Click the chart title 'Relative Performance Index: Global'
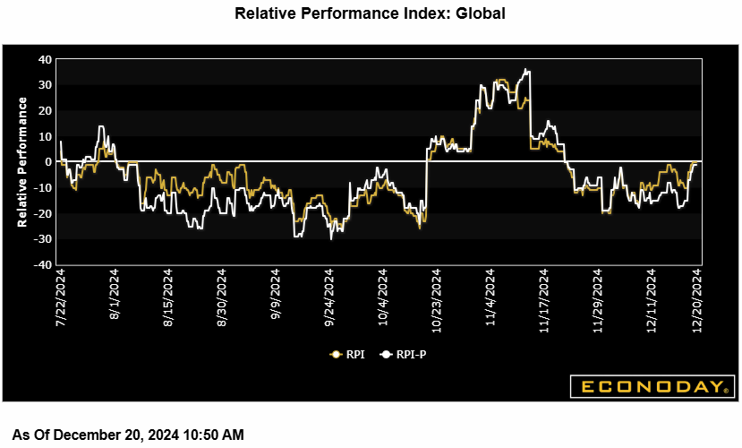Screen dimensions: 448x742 click(370, 13)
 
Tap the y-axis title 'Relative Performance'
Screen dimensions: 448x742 click(23, 162)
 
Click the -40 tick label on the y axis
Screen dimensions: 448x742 click(42, 265)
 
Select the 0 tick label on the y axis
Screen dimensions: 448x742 click(48, 162)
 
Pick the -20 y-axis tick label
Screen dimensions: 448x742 click(42, 213)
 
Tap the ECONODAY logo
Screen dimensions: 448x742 click(652, 387)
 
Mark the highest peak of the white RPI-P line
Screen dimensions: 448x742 click(528, 70)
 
